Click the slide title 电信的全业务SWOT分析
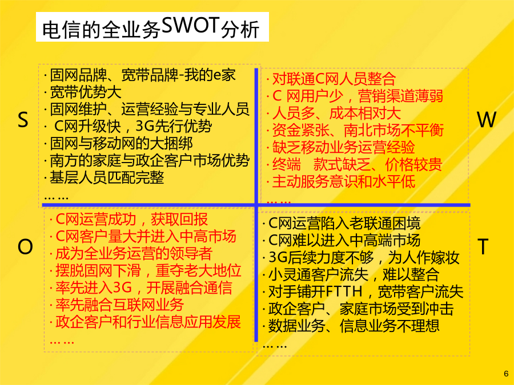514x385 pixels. (151, 27)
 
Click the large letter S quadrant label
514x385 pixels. (23, 120)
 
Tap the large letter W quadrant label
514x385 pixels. (487, 120)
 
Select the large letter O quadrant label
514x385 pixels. (25, 246)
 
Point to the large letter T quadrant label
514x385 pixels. (483, 246)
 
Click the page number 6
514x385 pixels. (506, 374)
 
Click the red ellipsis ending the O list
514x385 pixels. (62, 342)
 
